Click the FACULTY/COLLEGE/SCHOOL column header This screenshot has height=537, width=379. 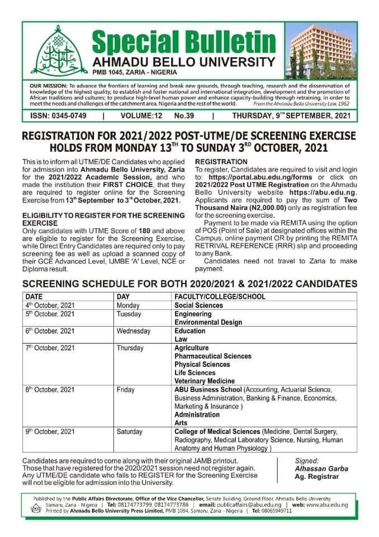click(220, 296)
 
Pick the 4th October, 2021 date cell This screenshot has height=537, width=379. click(50, 305)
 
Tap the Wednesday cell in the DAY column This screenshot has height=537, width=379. click(134, 331)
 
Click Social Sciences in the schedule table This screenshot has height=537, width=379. click(198, 305)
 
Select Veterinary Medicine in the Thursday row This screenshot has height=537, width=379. click(205, 381)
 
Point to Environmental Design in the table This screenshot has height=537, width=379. click(208, 322)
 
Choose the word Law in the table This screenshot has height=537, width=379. click(181, 339)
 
